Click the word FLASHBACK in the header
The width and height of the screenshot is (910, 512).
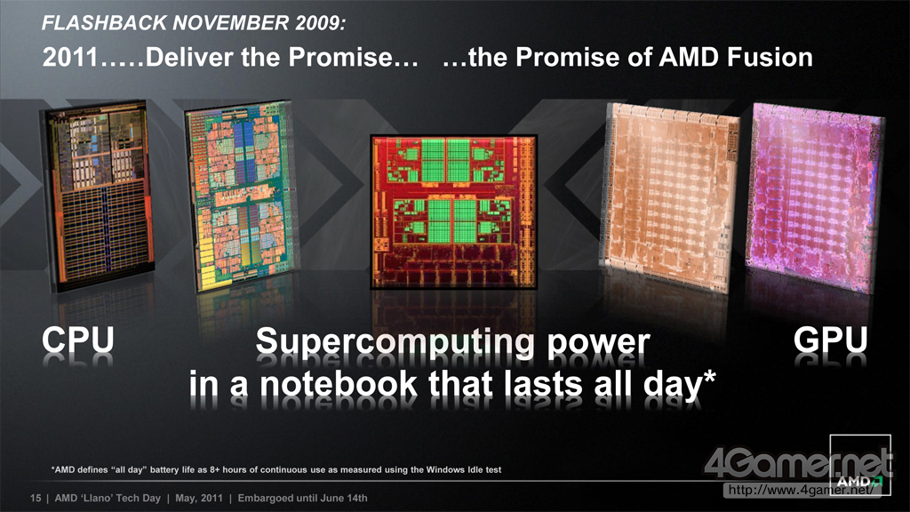[x=105, y=22]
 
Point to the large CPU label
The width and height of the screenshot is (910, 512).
[x=78, y=340]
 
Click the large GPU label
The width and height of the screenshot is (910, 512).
[x=831, y=340]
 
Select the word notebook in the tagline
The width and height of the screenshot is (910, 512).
[x=339, y=385]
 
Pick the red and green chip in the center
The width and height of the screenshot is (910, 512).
[x=453, y=212]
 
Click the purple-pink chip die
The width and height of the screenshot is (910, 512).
[x=814, y=196]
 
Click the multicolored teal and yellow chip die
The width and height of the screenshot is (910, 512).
[x=239, y=195]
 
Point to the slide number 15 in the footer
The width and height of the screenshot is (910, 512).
[x=36, y=498]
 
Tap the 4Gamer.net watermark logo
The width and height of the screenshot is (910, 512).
[x=799, y=464]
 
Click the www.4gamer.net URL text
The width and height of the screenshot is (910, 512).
[x=801, y=490]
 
